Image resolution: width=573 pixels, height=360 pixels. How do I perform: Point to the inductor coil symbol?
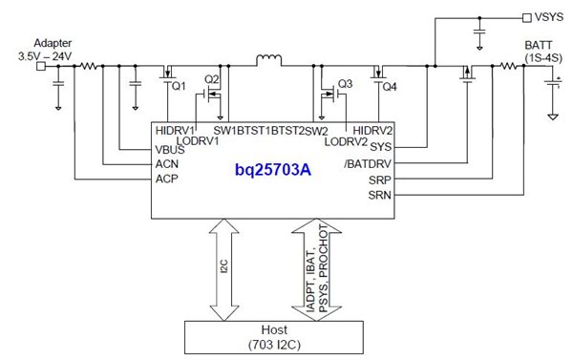coord(268,62)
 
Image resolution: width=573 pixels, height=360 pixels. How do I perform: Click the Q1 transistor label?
coord(178,87)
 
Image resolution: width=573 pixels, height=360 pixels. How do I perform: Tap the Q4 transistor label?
coord(389,87)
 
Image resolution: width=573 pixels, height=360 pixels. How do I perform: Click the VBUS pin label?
coord(170,149)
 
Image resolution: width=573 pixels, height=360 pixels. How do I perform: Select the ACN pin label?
coord(167,163)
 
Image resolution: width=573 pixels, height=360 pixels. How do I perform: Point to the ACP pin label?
coord(167,178)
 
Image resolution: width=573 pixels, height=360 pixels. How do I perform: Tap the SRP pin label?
coord(378,179)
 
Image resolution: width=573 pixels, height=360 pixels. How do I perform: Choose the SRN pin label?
coord(378,194)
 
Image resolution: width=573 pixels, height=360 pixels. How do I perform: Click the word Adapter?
coord(53,44)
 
